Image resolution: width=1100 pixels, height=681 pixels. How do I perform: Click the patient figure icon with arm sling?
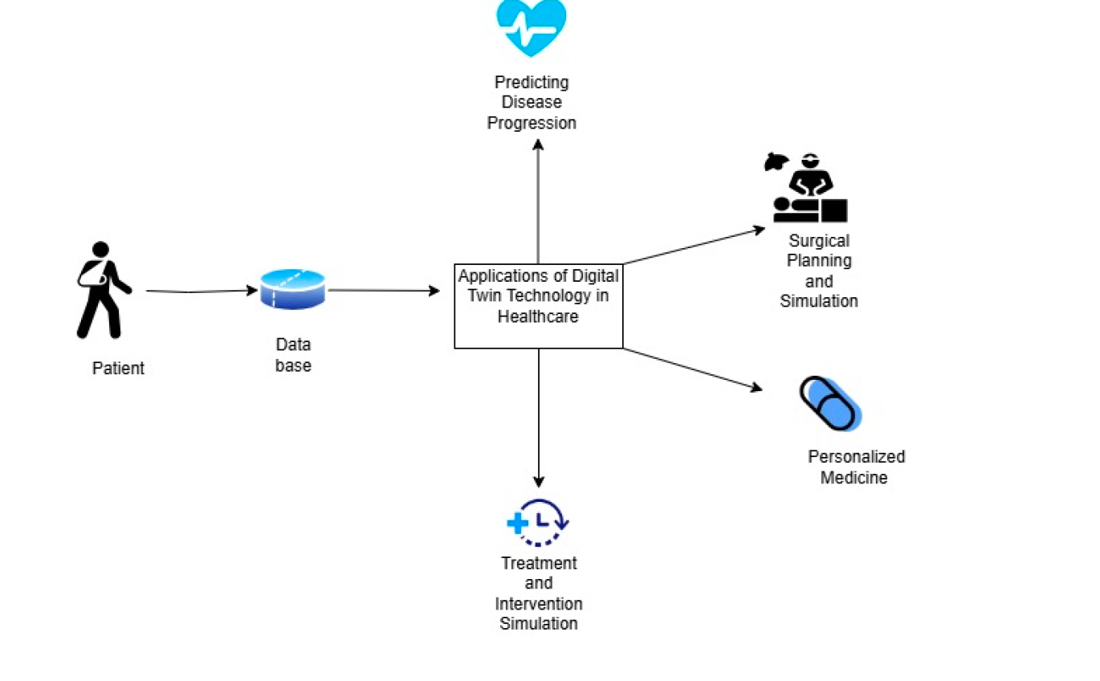pos(101,290)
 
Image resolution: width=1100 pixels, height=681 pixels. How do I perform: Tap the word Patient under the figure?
pos(118,369)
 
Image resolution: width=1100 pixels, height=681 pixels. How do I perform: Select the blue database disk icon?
pos(292,290)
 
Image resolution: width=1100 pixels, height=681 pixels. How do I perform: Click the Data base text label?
pos(293,355)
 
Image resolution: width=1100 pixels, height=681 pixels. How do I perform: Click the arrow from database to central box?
pos(384,291)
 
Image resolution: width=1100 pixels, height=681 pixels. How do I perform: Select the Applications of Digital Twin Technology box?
pos(538,306)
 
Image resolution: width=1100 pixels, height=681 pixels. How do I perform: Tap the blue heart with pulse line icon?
pos(531,26)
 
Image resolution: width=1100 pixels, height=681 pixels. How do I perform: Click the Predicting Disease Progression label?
pos(532,103)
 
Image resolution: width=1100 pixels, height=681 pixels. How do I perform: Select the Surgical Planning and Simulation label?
pos(819,271)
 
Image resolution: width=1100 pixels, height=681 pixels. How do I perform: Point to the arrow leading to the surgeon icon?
pos(694,246)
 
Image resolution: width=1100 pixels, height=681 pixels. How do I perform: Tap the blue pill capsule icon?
pos(830,403)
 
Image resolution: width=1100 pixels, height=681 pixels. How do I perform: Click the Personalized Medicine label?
pos(856,467)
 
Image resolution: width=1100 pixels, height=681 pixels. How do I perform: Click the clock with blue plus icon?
pos(538,522)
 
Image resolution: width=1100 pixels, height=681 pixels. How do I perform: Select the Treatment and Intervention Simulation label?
pos(539,593)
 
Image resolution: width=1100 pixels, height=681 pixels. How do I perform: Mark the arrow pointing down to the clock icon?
pos(539,418)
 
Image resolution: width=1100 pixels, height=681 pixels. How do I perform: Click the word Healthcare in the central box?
pos(538,317)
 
